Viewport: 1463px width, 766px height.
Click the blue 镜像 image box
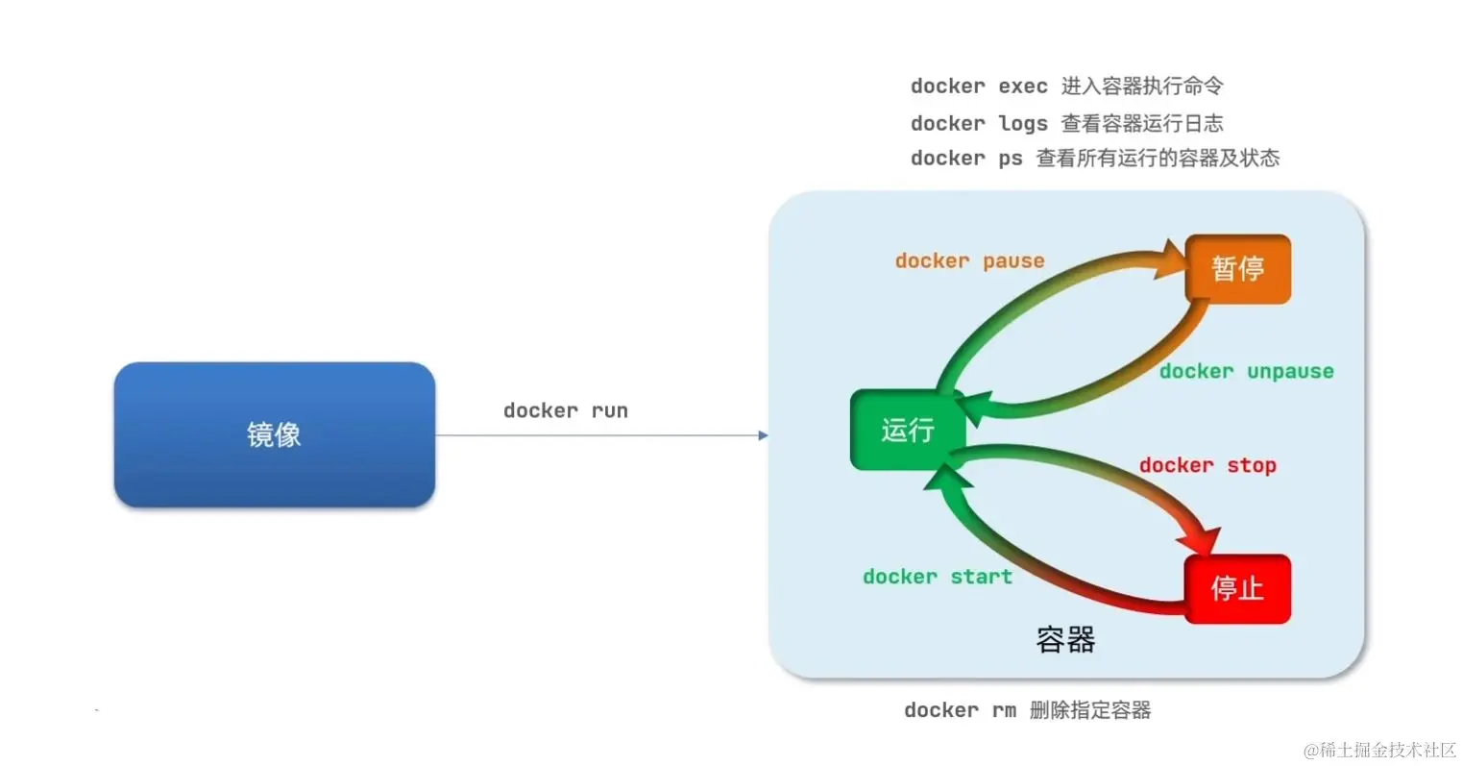[274, 434]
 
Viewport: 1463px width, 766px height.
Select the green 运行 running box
[907, 430]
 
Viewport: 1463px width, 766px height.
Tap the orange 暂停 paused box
[1237, 269]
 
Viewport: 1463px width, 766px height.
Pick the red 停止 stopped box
[1237, 588]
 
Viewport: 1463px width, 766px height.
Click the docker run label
[565, 410]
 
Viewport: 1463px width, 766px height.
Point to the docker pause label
[969, 260]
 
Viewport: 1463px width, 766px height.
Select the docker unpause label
[1246, 371]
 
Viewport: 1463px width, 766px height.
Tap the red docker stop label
[1207, 465]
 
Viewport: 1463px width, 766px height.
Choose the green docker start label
[937, 577]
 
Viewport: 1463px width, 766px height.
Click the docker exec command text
[978, 86]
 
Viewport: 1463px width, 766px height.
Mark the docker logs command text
[978, 123]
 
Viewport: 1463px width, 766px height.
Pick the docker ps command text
[965, 159]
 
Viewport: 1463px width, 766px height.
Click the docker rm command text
[959, 710]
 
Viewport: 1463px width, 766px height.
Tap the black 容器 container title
[1065, 639]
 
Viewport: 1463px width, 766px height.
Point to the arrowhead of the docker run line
[763, 435]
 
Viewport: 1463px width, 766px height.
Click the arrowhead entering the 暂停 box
[1172, 259]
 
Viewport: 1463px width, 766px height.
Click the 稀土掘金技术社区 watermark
[1379, 750]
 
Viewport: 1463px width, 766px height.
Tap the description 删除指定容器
[1090, 710]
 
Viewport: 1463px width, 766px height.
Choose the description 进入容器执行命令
[1142, 86]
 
